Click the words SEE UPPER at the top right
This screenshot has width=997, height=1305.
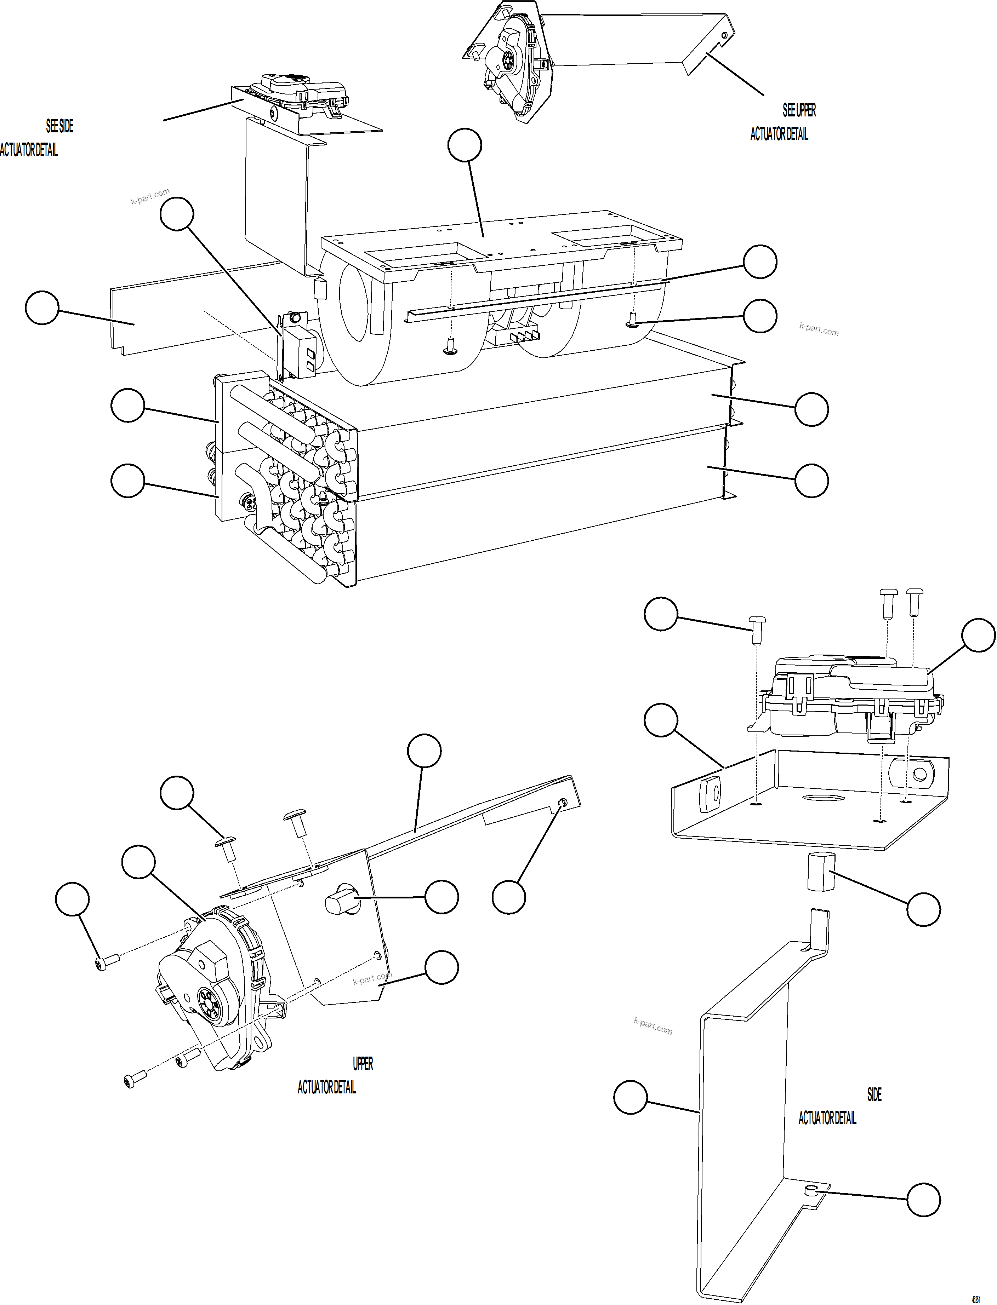tap(799, 110)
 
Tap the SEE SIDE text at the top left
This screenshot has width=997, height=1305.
tap(60, 126)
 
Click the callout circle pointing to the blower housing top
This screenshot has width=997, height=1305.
tap(465, 145)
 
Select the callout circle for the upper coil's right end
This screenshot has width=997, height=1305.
tap(811, 409)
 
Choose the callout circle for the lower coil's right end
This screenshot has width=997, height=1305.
tap(811, 481)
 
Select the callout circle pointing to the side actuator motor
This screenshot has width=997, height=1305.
tap(978, 635)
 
